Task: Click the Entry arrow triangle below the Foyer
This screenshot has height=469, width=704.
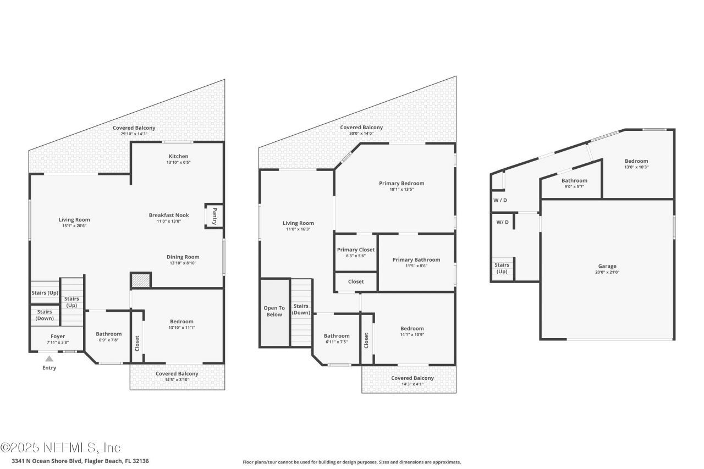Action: [x=49, y=358]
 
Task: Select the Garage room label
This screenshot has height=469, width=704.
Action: [x=607, y=266]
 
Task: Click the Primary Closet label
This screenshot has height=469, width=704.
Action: [x=355, y=250]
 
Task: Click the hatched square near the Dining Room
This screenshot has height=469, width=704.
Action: [x=140, y=280]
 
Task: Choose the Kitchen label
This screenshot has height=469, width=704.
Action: [x=178, y=156]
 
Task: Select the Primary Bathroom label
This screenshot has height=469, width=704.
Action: [x=416, y=260]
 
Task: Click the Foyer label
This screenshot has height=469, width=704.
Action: [x=58, y=336]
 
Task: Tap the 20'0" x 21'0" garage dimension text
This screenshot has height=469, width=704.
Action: [x=607, y=272]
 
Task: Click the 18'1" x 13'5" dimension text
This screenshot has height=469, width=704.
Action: [x=402, y=190]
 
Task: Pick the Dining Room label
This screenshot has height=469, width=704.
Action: [x=183, y=257]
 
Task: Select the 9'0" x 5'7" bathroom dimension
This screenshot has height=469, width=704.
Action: [x=574, y=186]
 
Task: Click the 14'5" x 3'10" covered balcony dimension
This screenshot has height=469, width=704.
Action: [x=177, y=380]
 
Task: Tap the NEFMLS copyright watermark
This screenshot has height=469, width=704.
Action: [x=61, y=448]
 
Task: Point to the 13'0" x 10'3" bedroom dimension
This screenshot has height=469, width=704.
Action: [x=636, y=167]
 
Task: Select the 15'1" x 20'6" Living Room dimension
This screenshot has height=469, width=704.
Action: [x=74, y=226]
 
